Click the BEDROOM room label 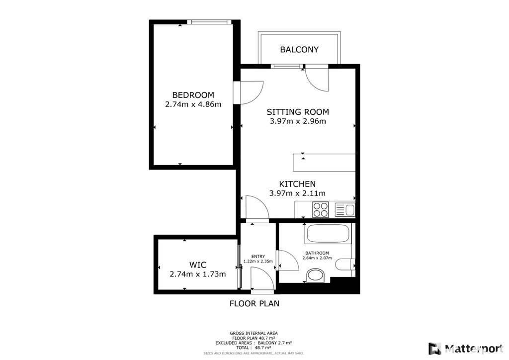coord(193,95)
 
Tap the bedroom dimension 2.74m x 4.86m coord(193,104)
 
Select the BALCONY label coord(299,50)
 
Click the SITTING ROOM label coord(298,112)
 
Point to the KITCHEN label coord(297,184)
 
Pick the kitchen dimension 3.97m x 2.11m coord(297,193)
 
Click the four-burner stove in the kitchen coord(321,210)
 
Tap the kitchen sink coord(345,210)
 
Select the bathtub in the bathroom coord(328,234)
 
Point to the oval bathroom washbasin coord(316,275)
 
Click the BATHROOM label coord(317,253)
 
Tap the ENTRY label coord(258,257)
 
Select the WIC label coord(198,265)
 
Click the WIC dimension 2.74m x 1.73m coord(198,274)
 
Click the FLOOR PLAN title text coord(254,304)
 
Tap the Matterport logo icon coord(434,349)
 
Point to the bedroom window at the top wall coord(209,22)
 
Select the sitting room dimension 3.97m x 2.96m coord(298,121)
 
